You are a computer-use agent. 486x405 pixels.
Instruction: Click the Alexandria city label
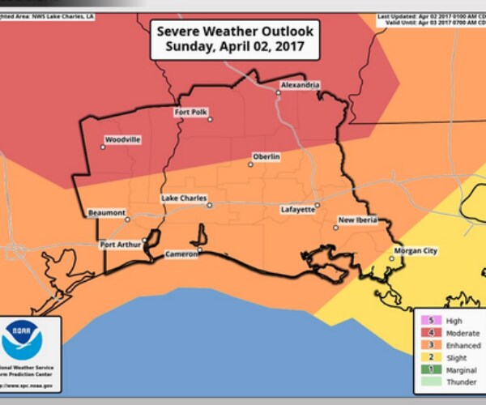pyautogui.click(x=300, y=85)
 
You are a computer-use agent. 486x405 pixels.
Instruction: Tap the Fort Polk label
pyautogui.click(x=191, y=113)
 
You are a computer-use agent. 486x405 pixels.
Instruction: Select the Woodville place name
pyautogui.click(x=123, y=139)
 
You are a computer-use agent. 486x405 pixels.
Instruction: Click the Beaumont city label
pyautogui.click(x=107, y=213)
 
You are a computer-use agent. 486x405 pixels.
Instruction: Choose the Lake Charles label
pyautogui.click(x=184, y=198)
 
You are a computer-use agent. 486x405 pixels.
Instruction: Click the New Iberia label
pyautogui.click(x=358, y=220)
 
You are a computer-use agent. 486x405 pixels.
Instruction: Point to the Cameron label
pyautogui.click(x=181, y=254)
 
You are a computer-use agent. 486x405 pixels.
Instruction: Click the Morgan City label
pyautogui.click(x=415, y=251)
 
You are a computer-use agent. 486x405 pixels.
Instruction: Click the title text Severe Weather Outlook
pyautogui.click(x=235, y=32)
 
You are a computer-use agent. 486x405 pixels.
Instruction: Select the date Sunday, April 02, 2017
pyautogui.click(x=235, y=47)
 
